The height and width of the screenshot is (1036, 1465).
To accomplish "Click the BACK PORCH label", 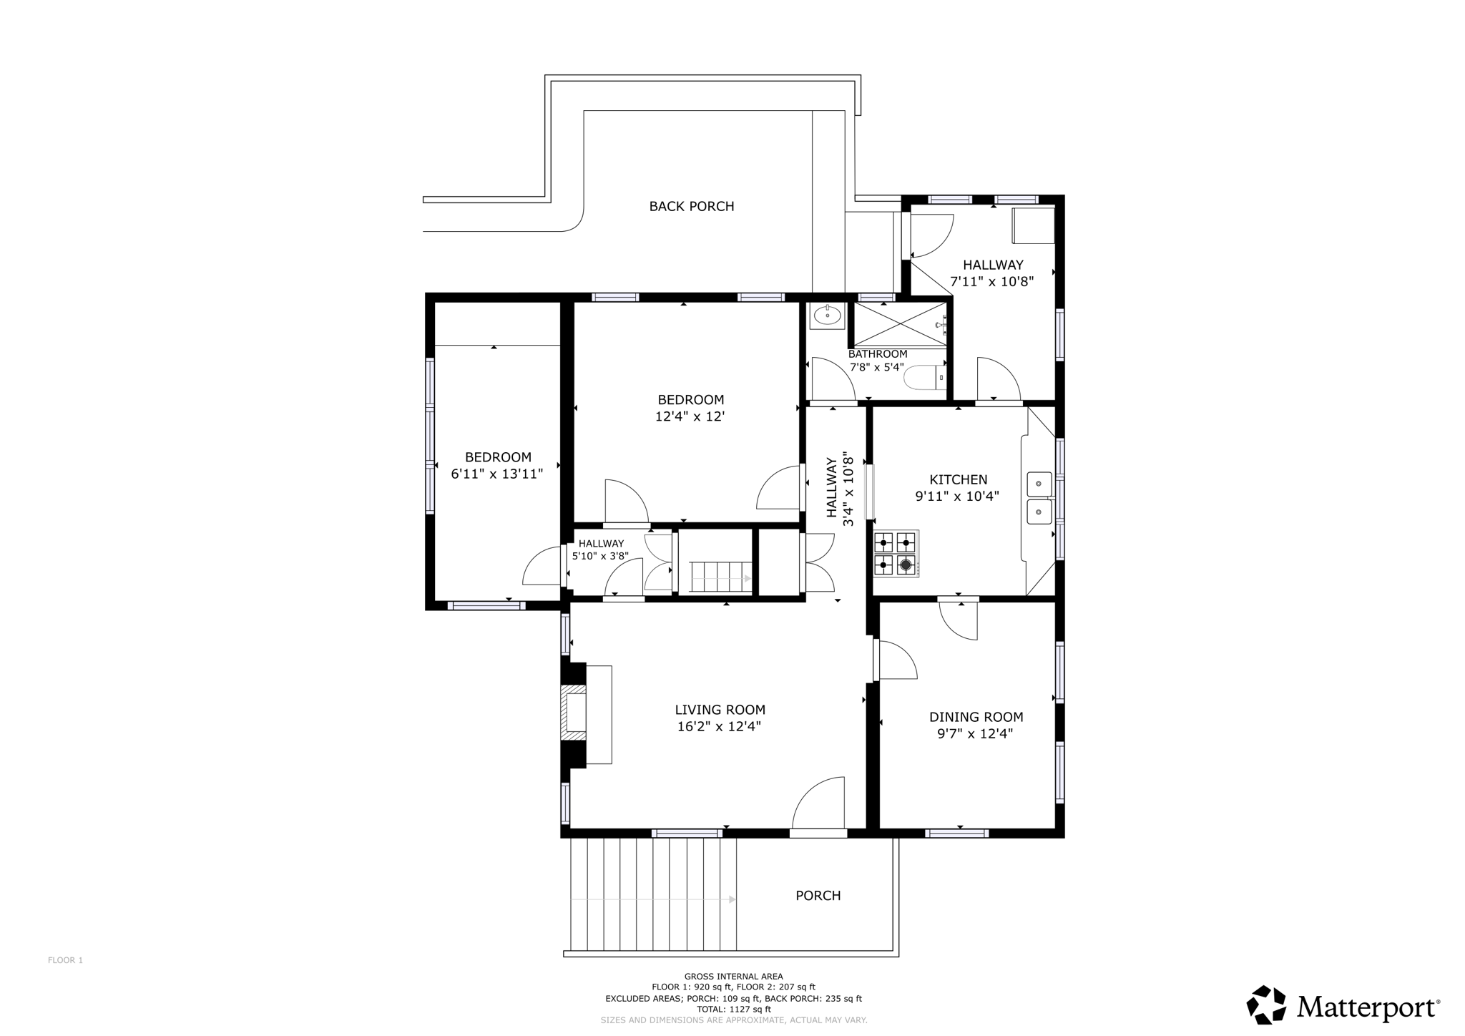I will tap(691, 206).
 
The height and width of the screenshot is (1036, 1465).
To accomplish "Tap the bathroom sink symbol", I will tap(827, 315).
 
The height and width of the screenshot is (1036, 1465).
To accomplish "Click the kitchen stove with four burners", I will tap(895, 553).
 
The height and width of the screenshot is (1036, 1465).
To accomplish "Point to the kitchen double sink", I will tap(1039, 498).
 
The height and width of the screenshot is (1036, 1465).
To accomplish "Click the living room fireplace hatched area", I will tap(574, 713).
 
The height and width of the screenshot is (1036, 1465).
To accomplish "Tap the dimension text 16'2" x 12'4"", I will tap(719, 727).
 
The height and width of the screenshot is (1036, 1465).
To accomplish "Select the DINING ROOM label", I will tap(976, 717).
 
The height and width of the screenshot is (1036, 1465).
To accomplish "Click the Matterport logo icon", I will tap(1266, 1005).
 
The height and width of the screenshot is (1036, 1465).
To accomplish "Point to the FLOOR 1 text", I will tap(65, 960).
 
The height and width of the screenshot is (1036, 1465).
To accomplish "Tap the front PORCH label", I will tap(818, 896).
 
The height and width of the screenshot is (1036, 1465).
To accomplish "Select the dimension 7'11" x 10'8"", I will tap(991, 282).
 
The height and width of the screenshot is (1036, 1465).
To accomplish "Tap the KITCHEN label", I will tap(958, 479).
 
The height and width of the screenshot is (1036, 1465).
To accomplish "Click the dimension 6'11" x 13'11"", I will tap(496, 474).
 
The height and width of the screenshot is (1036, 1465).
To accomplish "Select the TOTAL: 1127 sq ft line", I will tap(733, 1009).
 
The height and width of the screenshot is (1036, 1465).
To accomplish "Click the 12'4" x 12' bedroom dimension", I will tap(690, 416).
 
